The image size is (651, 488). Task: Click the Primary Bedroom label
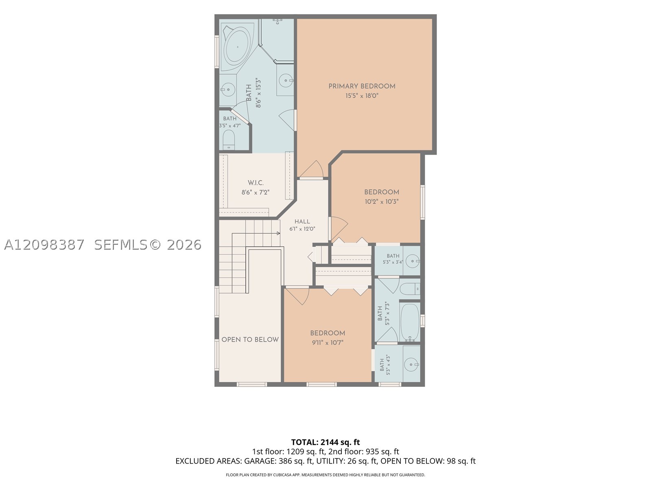362,86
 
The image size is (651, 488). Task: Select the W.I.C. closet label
256,183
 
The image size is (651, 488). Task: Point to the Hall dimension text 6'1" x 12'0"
302,229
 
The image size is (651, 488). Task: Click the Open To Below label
250,340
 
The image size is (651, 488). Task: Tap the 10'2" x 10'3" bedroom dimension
381,201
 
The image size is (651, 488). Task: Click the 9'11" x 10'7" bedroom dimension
328,342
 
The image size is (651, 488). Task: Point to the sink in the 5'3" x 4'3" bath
412,364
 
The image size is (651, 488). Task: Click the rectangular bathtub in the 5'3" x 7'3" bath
410,322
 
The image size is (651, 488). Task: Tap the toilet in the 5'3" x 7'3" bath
410,288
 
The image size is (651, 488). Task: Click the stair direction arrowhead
278,233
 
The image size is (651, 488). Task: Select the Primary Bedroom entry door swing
311,169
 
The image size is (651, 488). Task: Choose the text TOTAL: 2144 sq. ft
325,442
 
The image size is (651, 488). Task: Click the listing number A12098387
44,245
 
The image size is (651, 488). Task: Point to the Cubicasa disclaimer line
325,475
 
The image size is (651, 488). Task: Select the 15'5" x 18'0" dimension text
362,96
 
